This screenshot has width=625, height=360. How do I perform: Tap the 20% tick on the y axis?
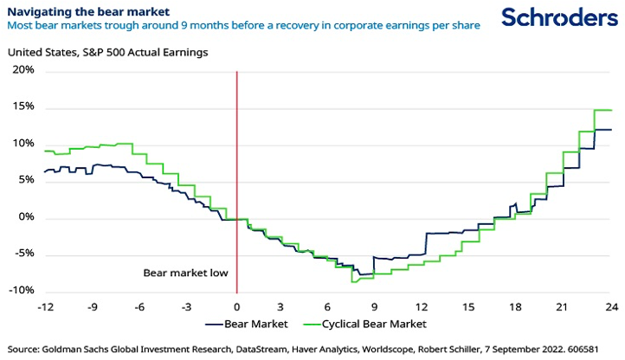(x=23, y=70)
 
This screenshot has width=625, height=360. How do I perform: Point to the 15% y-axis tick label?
(x=23, y=107)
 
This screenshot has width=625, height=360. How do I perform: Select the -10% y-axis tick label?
(x=22, y=291)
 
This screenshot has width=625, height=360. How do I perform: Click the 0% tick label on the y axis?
(x=26, y=217)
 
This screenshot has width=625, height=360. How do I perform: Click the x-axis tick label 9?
(x=373, y=307)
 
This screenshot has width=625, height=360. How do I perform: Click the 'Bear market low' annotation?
(x=185, y=273)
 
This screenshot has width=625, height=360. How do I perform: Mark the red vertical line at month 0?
(x=237, y=173)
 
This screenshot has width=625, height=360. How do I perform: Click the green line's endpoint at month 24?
(x=610, y=110)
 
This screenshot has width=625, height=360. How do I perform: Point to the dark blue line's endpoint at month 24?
(x=610, y=130)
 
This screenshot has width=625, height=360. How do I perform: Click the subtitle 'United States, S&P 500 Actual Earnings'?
(x=108, y=52)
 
